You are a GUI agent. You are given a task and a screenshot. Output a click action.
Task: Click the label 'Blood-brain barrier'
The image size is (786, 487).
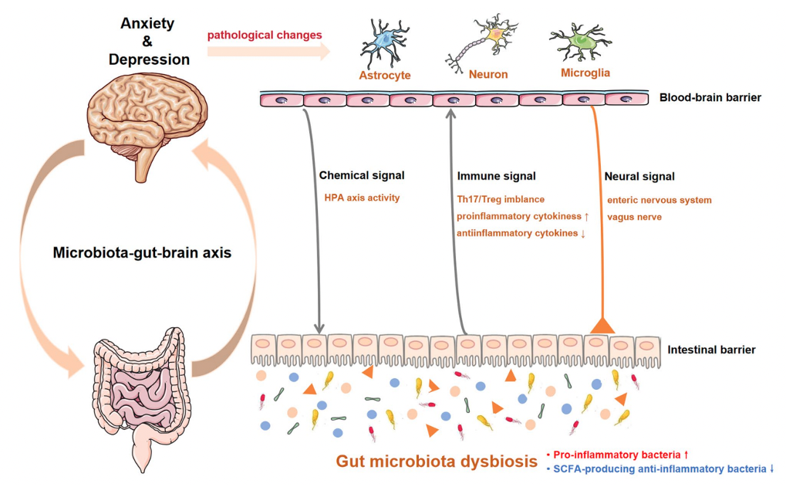710,98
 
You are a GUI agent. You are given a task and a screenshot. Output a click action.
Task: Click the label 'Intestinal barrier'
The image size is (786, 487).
711,350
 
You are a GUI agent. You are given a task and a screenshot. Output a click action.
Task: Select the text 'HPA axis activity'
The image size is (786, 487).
363,198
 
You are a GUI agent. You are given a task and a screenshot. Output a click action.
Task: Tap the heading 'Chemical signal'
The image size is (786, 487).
362,176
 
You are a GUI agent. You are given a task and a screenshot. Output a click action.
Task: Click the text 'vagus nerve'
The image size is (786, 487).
635,217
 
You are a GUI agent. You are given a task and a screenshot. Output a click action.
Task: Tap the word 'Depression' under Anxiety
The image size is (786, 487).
149,59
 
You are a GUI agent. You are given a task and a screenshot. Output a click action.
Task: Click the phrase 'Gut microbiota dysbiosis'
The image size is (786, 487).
436,462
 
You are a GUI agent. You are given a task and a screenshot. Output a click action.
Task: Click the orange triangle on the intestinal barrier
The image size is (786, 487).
601,324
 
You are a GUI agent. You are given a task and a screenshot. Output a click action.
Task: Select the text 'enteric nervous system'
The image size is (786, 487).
659,200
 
